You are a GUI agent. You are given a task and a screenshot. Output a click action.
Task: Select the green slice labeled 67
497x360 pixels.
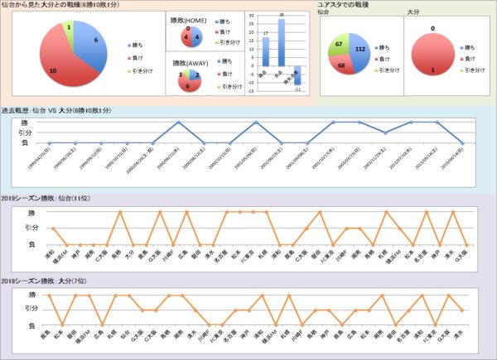(339, 45)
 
